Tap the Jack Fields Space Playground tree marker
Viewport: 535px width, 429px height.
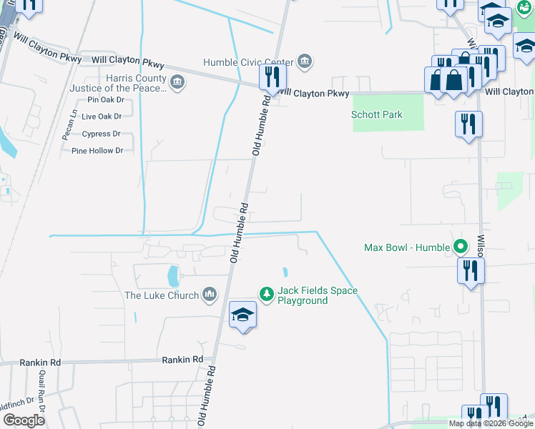266,293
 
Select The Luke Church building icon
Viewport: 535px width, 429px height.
210,295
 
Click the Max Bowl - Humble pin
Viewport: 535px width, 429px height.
461,247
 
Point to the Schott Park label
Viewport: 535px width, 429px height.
377,114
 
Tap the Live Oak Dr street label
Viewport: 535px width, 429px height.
102,116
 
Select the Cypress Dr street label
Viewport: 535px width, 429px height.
101,134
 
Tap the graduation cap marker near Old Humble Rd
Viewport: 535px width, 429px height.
243,315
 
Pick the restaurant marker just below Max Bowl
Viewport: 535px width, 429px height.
471,270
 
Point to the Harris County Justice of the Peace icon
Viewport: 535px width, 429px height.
177,83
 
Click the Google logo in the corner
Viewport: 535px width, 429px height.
24,420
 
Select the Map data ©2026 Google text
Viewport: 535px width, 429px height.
491,423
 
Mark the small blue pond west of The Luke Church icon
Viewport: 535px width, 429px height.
172,275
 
